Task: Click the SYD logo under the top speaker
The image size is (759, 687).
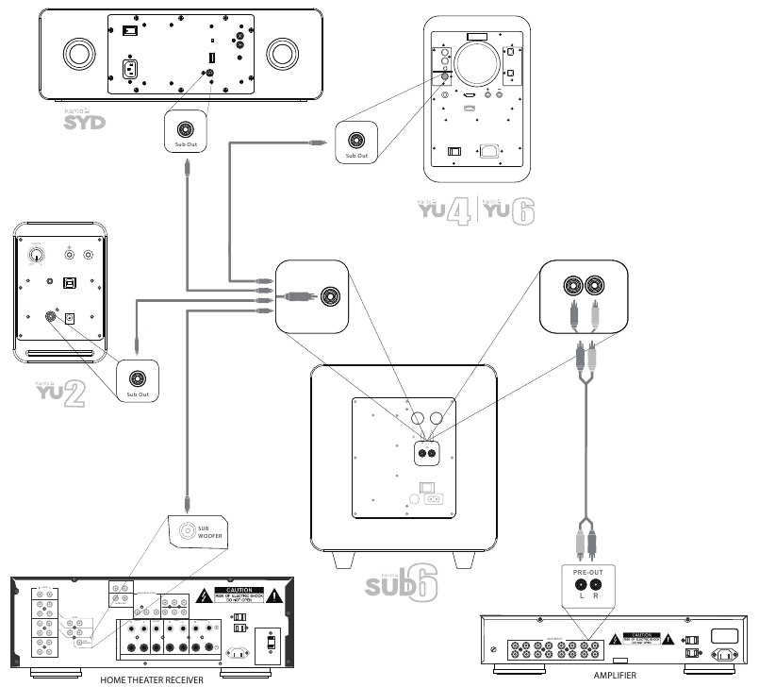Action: [86, 122]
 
